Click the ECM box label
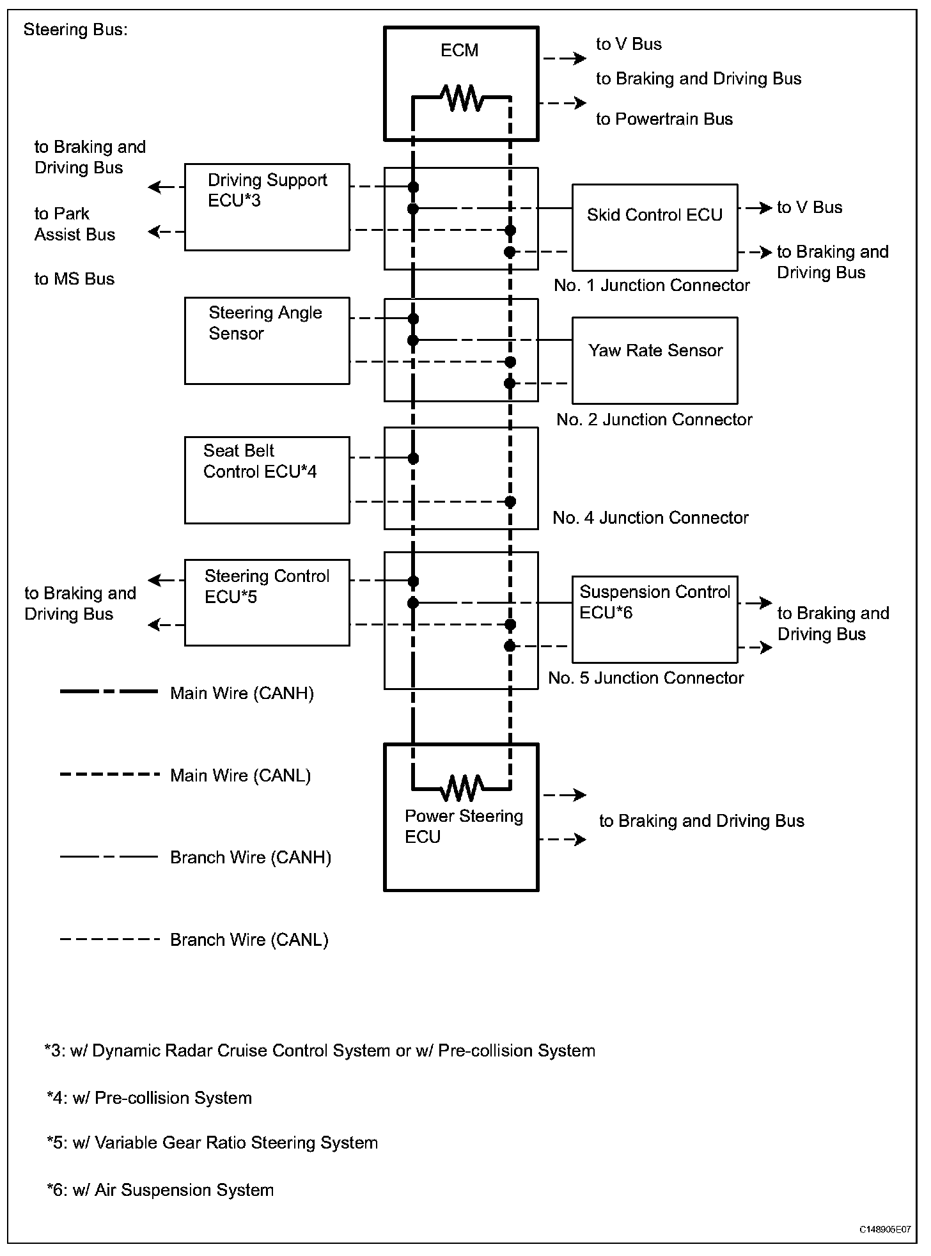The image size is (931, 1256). [459, 51]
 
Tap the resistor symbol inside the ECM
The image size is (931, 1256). [462, 98]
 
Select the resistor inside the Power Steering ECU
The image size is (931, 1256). [462, 788]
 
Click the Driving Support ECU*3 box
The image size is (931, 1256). [267, 207]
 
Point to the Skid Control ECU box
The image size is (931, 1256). [655, 228]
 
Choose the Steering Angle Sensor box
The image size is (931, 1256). [267, 340]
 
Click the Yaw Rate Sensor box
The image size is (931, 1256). [655, 360]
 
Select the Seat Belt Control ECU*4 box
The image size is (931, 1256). [267, 480]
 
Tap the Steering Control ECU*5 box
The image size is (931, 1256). [267, 602]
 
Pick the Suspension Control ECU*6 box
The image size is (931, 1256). [655, 619]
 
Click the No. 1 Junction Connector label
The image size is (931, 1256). [652, 285]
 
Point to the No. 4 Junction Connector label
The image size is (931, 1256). [650, 517]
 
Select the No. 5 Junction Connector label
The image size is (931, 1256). [646, 678]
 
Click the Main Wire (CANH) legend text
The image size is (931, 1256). [242, 693]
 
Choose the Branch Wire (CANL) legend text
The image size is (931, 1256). [249, 939]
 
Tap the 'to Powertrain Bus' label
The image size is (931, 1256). [664, 119]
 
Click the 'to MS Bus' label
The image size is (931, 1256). [74, 279]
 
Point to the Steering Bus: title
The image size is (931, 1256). [75, 30]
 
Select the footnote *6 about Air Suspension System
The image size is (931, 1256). [160, 1189]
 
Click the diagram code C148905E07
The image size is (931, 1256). [884, 1229]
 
